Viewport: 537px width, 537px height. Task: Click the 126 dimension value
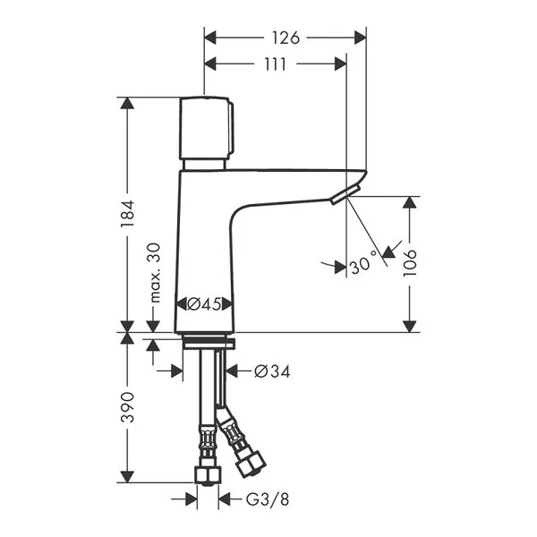[x=286, y=38]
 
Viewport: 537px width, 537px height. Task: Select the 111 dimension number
[x=275, y=64]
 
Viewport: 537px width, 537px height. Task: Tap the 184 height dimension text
[x=128, y=214]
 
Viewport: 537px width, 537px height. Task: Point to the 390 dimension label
[x=128, y=407]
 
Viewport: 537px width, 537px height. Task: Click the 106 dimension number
[x=410, y=263]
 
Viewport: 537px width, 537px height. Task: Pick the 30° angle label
[x=363, y=262]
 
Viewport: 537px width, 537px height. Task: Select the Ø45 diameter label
[x=204, y=303]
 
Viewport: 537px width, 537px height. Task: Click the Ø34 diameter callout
[x=272, y=371]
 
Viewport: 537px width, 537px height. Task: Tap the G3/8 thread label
[x=268, y=499]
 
